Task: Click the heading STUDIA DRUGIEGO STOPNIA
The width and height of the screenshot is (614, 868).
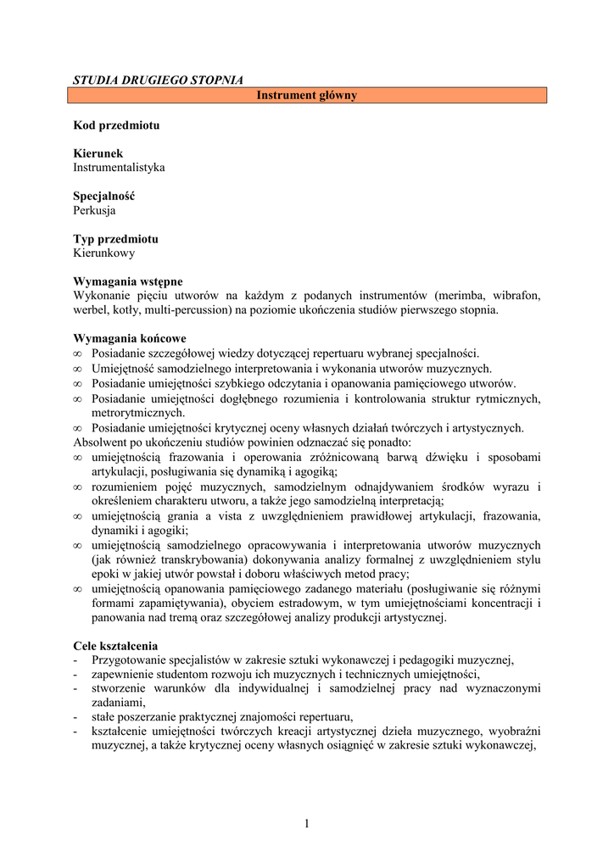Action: (158, 81)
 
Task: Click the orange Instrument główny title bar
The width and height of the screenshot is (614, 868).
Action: (307, 96)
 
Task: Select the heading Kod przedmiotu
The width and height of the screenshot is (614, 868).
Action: (116, 125)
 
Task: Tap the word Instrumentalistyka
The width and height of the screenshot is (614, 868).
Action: (119, 168)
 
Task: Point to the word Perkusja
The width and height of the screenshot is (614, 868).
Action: (94, 210)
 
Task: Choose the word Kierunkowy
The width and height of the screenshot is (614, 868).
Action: (103, 253)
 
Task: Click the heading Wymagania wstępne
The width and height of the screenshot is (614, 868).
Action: (127, 281)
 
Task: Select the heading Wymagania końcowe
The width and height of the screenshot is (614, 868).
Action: (129, 339)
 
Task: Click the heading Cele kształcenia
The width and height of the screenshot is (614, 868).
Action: (115, 646)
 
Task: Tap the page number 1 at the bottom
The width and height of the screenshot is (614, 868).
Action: (306, 823)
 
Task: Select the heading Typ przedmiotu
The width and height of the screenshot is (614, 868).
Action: (115, 239)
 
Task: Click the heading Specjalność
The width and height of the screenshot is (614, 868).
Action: (103, 197)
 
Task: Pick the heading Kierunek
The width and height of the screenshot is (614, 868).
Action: (98, 154)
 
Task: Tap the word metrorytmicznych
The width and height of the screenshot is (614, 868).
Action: (138, 413)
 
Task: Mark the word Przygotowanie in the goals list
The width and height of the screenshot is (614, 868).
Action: (128, 660)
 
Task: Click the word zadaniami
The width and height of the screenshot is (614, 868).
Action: (118, 703)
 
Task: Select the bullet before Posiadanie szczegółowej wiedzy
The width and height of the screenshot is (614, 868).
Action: (78, 353)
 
